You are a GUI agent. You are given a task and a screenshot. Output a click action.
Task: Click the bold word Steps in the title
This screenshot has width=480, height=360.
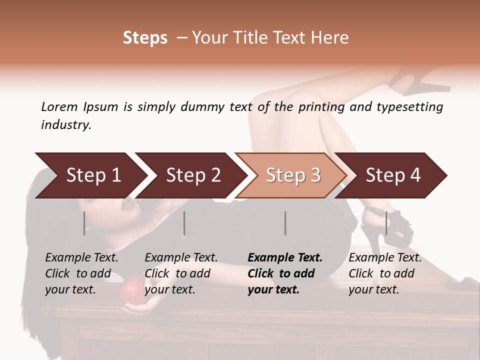coord(145,38)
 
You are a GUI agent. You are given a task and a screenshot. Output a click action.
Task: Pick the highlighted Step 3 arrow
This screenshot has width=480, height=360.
coord(293,175)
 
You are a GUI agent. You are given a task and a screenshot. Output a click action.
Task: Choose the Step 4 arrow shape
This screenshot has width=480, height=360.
coord(393,175)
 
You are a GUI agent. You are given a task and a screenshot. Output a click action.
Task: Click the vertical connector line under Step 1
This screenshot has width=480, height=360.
coord(84,223)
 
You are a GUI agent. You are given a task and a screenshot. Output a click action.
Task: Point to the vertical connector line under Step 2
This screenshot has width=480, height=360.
coord(184,223)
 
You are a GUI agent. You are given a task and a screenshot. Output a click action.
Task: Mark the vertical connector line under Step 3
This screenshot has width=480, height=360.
coord(285,223)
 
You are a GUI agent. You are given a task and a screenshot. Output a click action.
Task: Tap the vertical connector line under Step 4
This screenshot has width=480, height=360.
coord(386,223)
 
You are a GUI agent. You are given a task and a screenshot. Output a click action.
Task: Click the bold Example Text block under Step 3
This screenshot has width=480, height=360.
coord(285,273)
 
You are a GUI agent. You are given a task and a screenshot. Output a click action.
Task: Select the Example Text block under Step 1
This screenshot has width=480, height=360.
coord(81,273)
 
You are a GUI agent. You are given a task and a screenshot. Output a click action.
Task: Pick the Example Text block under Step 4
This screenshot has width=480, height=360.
coord(385,273)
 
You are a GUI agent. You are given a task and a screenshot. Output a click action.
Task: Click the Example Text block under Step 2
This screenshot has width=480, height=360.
coord(181,273)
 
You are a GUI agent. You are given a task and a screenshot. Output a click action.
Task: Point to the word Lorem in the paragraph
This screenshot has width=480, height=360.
coord(59,107)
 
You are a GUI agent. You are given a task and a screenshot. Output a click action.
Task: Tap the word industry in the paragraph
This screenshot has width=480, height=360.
coord(65,125)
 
